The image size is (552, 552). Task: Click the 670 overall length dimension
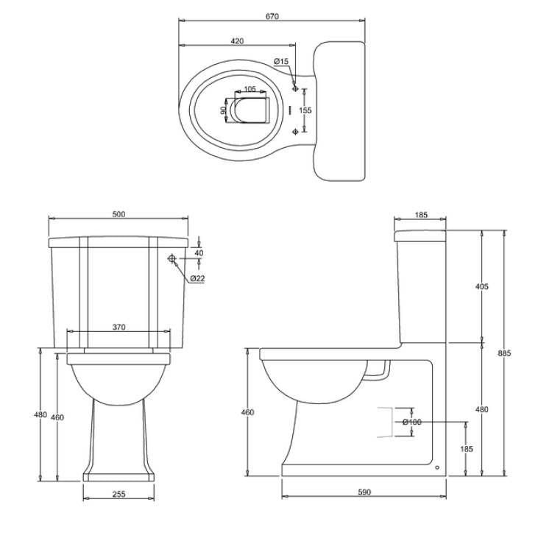tap(273, 17)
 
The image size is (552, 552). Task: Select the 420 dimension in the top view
tap(236, 41)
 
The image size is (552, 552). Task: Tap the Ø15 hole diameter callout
tap(281, 62)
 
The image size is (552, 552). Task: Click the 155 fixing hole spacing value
tap(305, 110)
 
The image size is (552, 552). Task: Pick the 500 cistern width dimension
tap(118, 214)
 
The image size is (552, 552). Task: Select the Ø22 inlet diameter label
tap(197, 278)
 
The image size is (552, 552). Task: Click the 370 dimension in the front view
tap(117, 327)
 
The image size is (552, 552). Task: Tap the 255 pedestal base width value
tap(118, 494)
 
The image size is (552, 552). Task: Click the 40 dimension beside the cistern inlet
tap(199, 252)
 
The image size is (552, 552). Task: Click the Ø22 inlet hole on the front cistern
tap(171, 259)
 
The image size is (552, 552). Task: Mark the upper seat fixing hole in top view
tap(296, 88)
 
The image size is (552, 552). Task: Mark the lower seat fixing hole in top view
tap(296, 131)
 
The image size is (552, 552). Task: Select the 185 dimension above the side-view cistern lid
tap(420, 214)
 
